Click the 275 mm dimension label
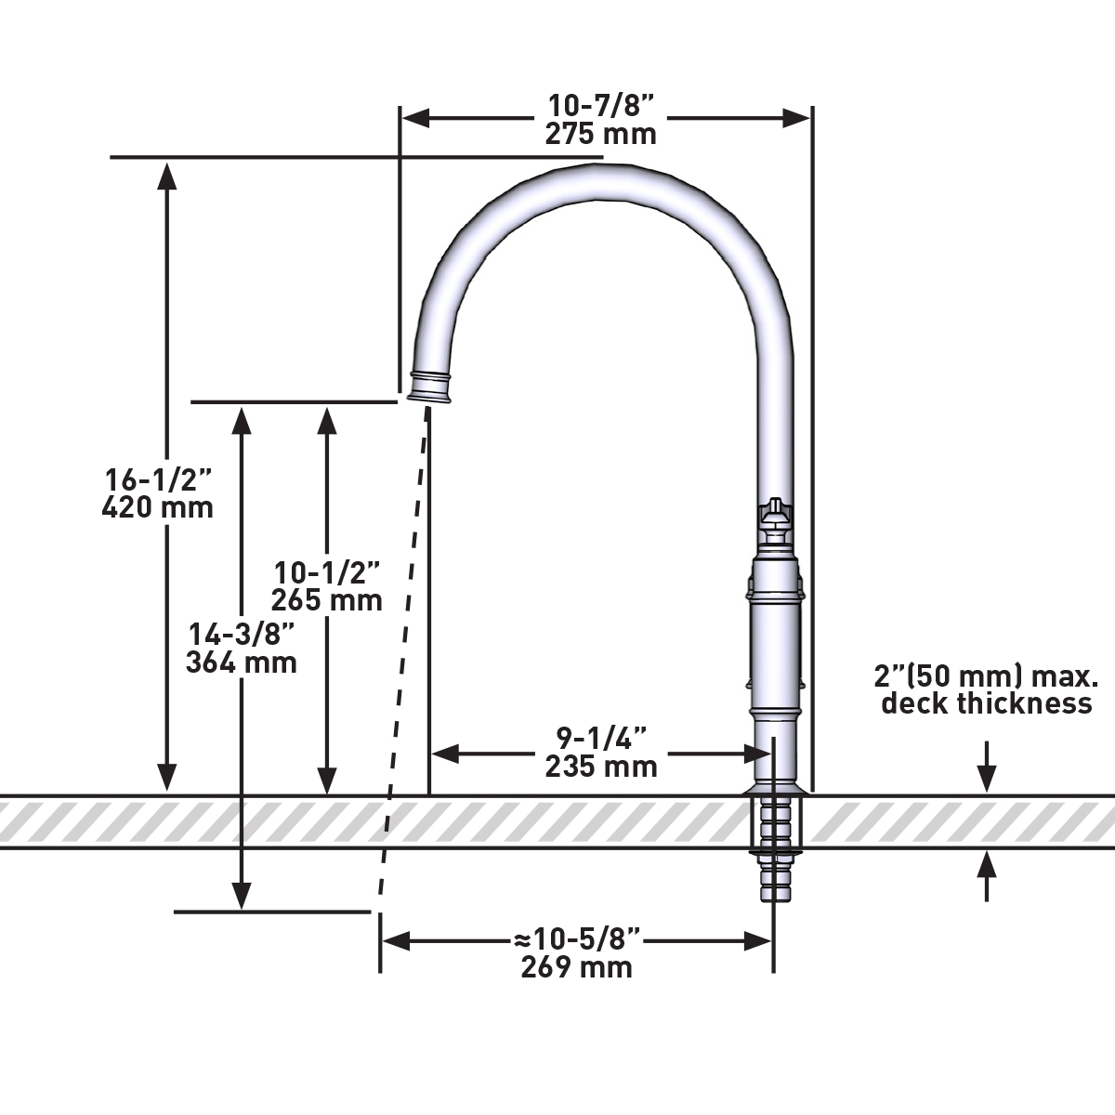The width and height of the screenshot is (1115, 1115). coord(600,134)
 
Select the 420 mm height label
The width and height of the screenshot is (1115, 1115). coord(157,507)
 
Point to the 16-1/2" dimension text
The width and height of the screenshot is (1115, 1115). coord(158,479)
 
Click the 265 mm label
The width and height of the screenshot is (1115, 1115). coord(326,600)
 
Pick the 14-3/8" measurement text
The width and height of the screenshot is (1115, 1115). coord(243,635)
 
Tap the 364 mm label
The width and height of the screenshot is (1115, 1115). coord(242,662)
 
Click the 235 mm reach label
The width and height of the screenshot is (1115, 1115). coord(601,767)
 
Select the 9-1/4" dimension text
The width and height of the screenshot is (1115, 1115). coord(601,739)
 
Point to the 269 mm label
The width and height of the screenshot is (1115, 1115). coord(576,967)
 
